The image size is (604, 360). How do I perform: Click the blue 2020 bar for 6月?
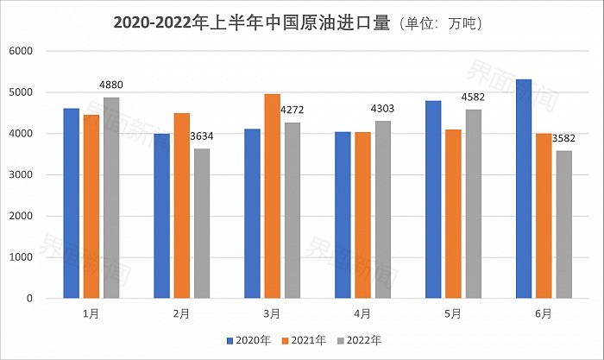click(x=524, y=189)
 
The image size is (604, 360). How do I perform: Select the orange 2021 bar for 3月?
click(x=273, y=196)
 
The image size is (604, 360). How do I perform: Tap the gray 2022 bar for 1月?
click(x=111, y=198)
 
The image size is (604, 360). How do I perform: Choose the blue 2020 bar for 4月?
click(x=343, y=215)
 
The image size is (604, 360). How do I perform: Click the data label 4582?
click(x=474, y=97)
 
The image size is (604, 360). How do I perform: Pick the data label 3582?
click(x=565, y=138)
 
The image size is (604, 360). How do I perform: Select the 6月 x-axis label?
click(x=544, y=314)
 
